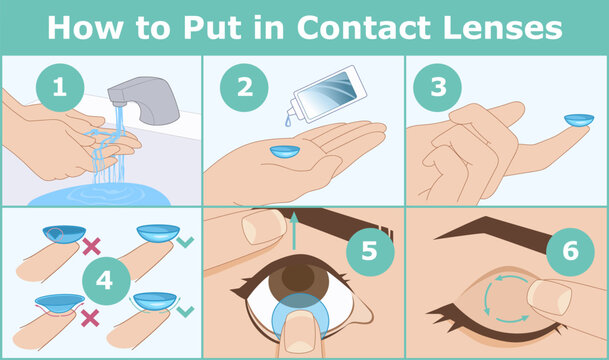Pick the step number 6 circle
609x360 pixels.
point(571,250)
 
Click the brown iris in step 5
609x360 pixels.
point(297,277)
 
